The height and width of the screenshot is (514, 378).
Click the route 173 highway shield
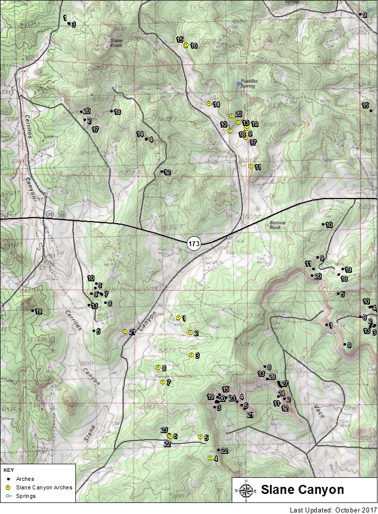click(x=195, y=244)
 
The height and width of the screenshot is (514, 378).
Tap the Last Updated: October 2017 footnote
click(x=332, y=509)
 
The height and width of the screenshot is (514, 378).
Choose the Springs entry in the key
click(x=25, y=496)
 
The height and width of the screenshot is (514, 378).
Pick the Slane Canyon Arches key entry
click(x=44, y=487)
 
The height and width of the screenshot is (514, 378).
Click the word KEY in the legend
click(x=9, y=470)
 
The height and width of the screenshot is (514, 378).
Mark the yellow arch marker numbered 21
click(x=125, y=331)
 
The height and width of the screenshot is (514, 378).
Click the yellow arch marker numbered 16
click(x=186, y=45)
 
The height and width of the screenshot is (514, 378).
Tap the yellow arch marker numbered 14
click(x=209, y=104)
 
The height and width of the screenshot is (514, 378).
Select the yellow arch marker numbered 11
click(x=250, y=166)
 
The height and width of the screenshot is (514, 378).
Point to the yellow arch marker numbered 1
click(x=178, y=318)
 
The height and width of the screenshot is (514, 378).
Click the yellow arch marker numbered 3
click(x=191, y=355)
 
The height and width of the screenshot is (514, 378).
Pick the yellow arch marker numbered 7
click(x=162, y=382)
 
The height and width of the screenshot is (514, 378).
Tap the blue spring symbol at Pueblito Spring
click(x=239, y=83)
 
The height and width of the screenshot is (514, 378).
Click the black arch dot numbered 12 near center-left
click(x=162, y=172)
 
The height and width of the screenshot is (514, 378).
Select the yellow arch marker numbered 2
click(x=190, y=332)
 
